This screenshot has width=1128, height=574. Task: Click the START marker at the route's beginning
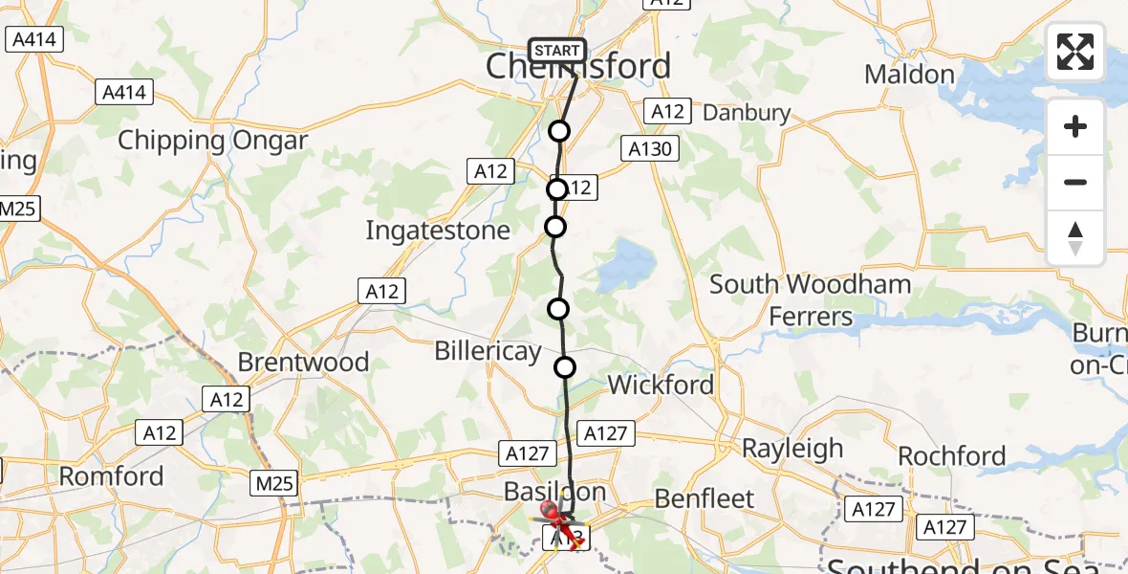556,51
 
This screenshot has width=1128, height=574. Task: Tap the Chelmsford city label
578,67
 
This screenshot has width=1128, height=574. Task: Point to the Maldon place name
909,75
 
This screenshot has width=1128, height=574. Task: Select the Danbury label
747,114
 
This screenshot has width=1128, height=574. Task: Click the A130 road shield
651,148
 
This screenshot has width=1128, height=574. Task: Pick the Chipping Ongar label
213,141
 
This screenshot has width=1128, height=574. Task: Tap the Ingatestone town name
438,231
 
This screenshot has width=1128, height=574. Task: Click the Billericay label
488,350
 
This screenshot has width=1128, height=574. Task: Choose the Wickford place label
662,386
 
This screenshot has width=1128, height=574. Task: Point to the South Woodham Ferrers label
810,299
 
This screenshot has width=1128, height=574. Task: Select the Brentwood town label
303,363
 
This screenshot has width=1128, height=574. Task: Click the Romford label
112,475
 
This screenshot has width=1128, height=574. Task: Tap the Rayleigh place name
792,448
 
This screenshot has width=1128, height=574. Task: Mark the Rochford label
952,456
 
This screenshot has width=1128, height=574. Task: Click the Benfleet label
705,498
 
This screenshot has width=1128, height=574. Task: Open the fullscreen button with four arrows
1075,52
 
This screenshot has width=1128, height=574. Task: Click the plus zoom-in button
1075,127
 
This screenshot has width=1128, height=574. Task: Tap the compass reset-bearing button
1075,238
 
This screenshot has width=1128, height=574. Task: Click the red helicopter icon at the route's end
558,521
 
